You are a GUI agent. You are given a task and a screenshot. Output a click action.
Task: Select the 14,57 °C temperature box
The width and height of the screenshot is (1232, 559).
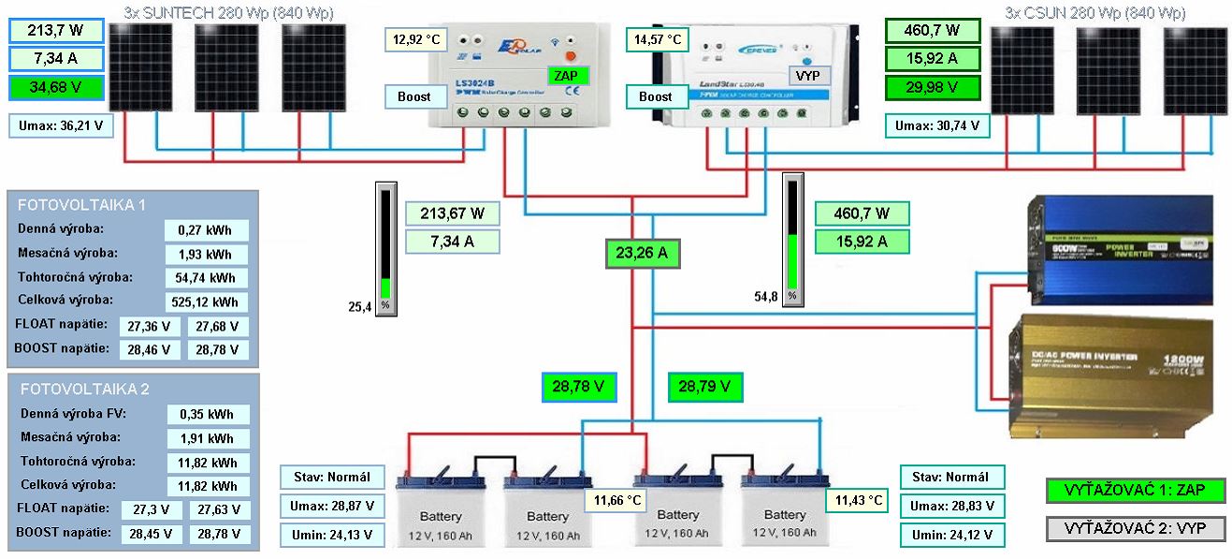click(659, 41)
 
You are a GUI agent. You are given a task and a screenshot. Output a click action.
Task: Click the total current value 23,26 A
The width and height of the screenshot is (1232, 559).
click(641, 252)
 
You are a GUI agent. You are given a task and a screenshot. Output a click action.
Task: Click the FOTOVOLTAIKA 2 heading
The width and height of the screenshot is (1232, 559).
click(84, 389)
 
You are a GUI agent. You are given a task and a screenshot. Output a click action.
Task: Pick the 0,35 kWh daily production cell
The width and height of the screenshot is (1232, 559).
click(208, 415)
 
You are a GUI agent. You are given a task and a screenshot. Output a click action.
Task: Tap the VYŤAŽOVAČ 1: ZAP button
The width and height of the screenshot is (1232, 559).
click(1136, 490)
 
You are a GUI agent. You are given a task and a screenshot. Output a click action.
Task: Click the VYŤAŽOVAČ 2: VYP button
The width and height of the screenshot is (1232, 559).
click(1136, 528)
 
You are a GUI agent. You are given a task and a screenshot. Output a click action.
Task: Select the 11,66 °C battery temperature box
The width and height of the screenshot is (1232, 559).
click(615, 501)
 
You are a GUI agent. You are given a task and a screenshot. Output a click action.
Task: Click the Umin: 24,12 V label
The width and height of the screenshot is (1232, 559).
click(951, 535)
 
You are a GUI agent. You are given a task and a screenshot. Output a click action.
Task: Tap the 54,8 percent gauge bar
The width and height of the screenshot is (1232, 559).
click(791, 239)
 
